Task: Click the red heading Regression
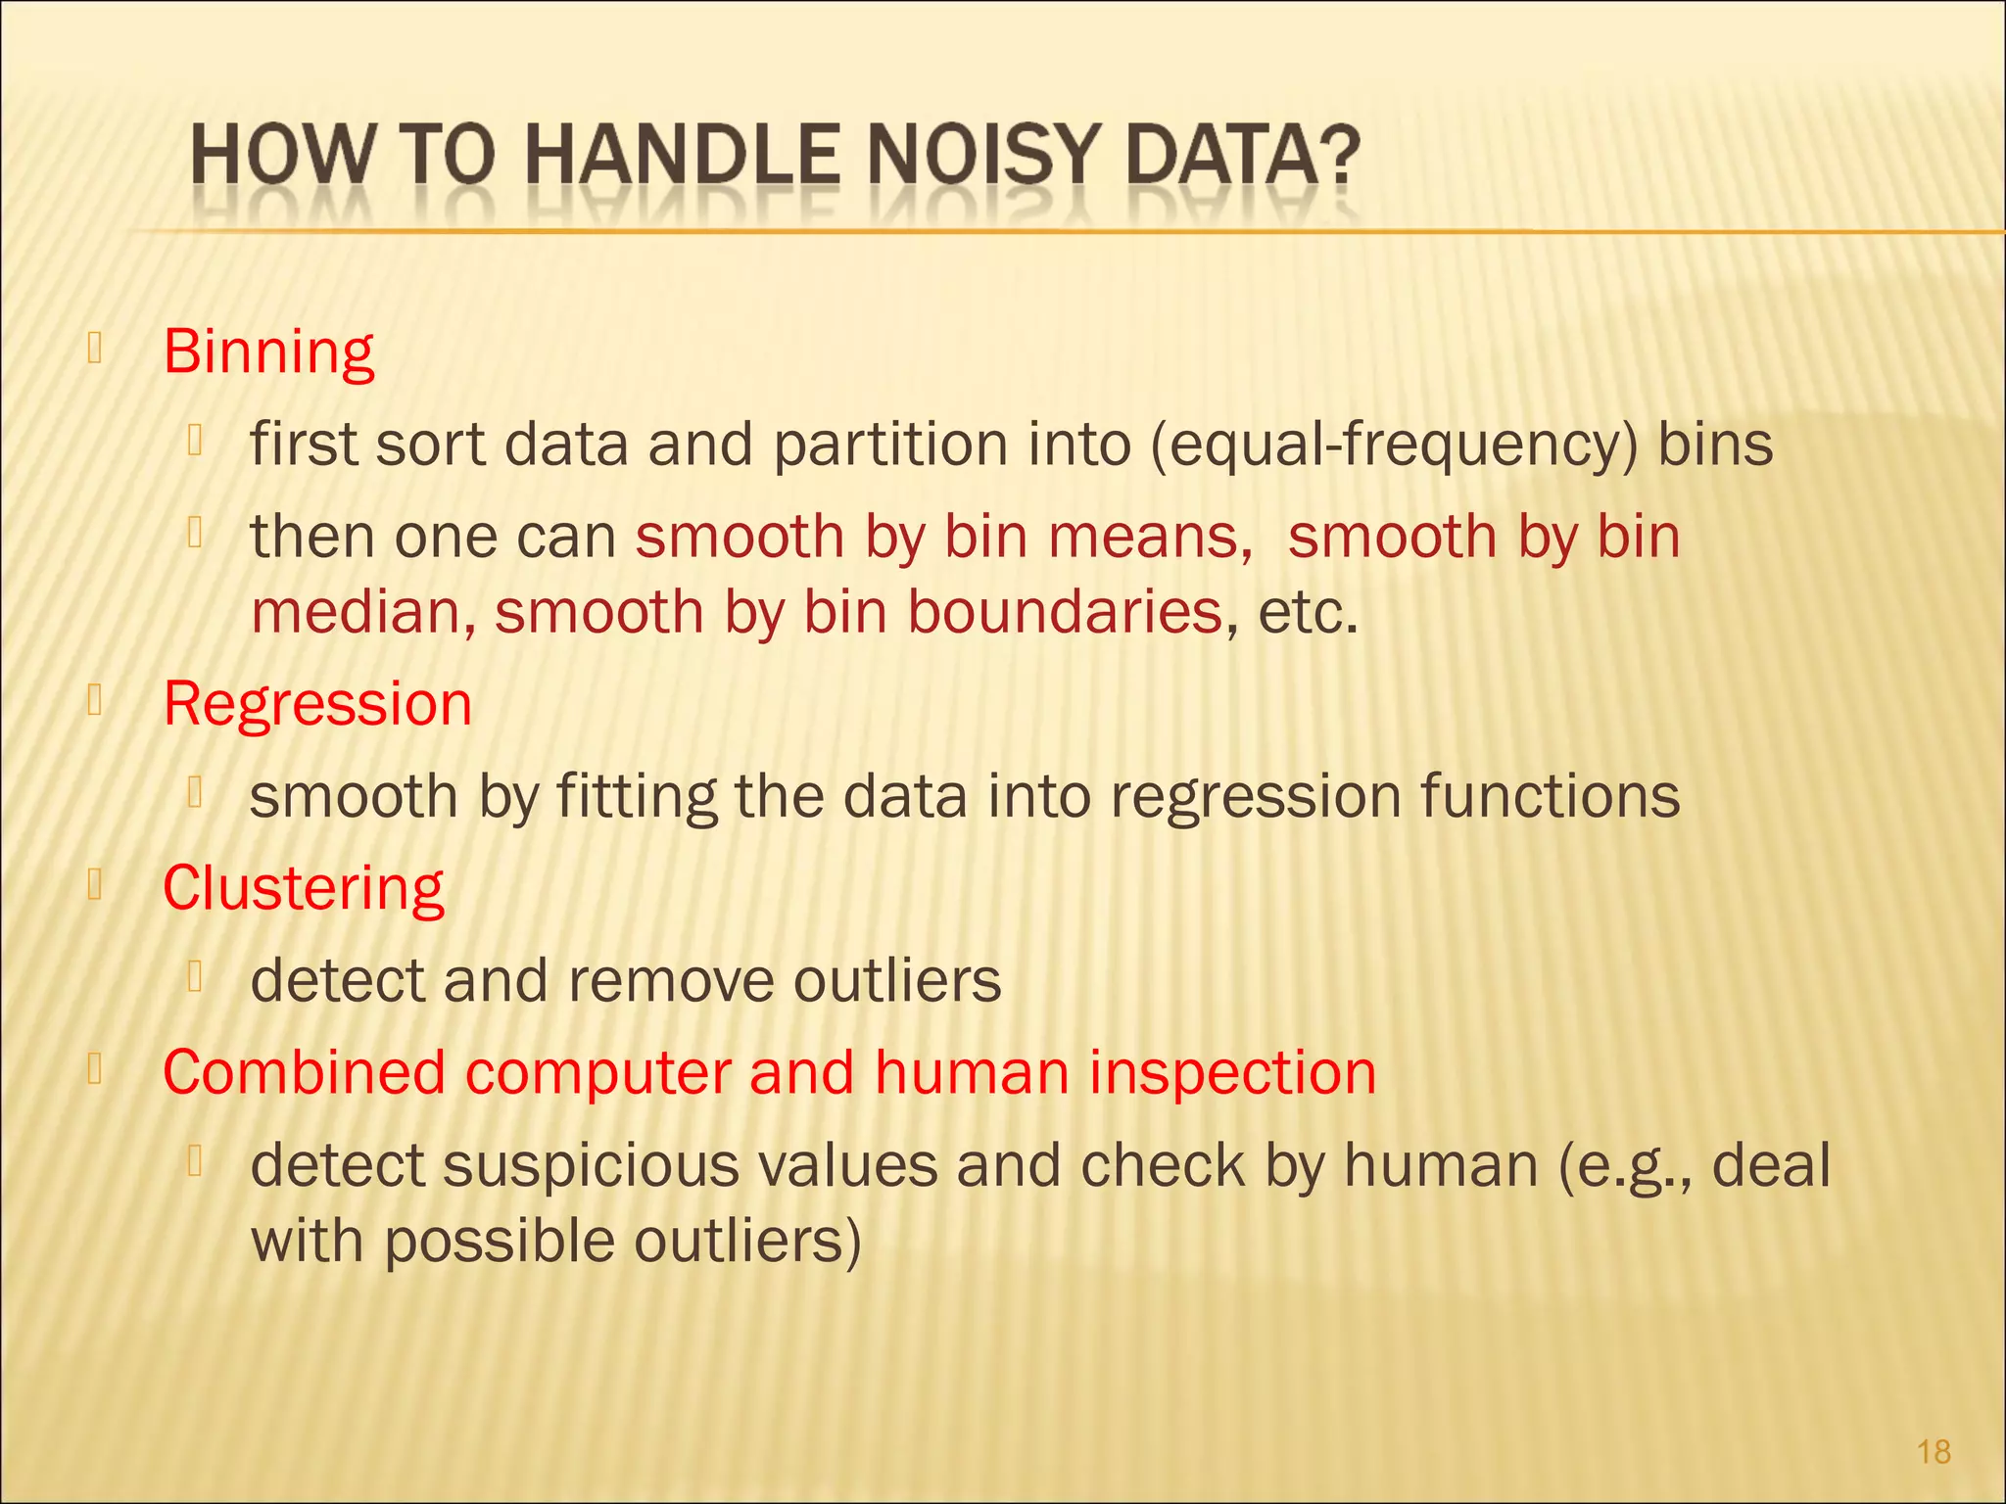click(x=317, y=703)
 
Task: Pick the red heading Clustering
click(x=303, y=888)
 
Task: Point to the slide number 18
click(x=1934, y=1451)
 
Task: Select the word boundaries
click(x=1065, y=612)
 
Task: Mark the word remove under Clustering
click(x=671, y=980)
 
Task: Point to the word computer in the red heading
click(x=597, y=1072)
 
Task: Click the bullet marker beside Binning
click(x=95, y=349)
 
